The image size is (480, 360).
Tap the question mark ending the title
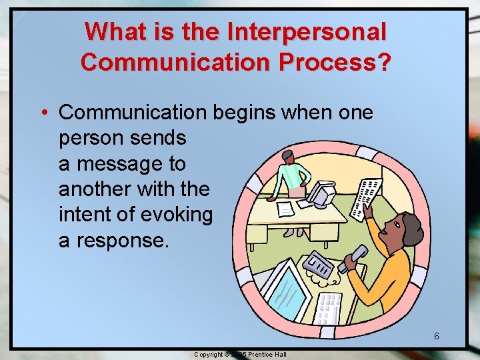point(385,62)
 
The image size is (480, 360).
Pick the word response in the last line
point(121,239)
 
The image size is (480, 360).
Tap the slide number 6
point(436,336)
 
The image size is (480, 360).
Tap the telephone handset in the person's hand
point(352,259)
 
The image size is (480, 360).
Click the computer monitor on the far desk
point(323,194)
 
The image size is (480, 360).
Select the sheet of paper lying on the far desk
point(285,209)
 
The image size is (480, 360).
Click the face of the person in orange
point(398,233)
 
